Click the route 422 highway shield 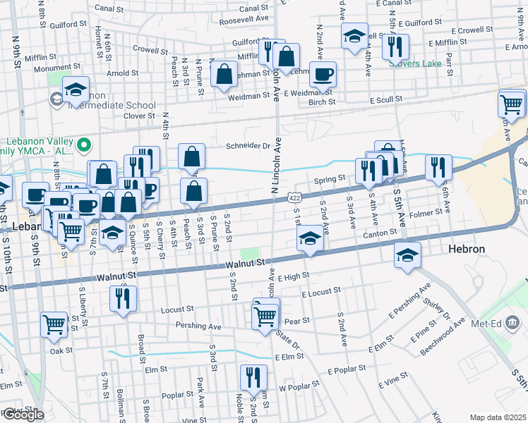[x=295, y=199]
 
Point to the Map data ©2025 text [x=498, y=417]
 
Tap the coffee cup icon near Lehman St [x=323, y=75]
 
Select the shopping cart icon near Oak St [x=54, y=324]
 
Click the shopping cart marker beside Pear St [x=265, y=316]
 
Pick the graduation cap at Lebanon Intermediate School [x=76, y=90]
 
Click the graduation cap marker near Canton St [x=309, y=240]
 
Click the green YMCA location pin [x=84, y=146]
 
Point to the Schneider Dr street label [x=248, y=147]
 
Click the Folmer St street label [x=424, y=211]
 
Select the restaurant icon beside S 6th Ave [x=438, y=168]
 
